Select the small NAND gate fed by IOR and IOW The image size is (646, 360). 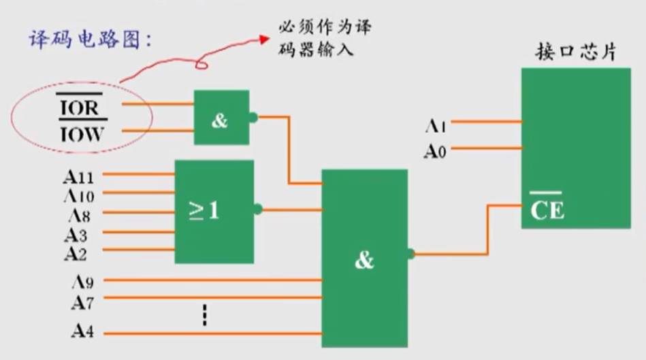[x=221, y=118]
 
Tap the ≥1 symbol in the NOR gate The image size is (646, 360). [x=204, y=211]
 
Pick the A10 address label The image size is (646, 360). [x=78, y=197]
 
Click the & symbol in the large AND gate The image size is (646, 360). [x=364, y=260]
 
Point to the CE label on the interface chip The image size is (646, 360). [x=547, y=209]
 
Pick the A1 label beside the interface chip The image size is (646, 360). [x=436, y=125]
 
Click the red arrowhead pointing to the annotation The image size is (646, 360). [x=265, y=39]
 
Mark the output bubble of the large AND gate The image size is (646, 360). [x=411, y=255]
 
